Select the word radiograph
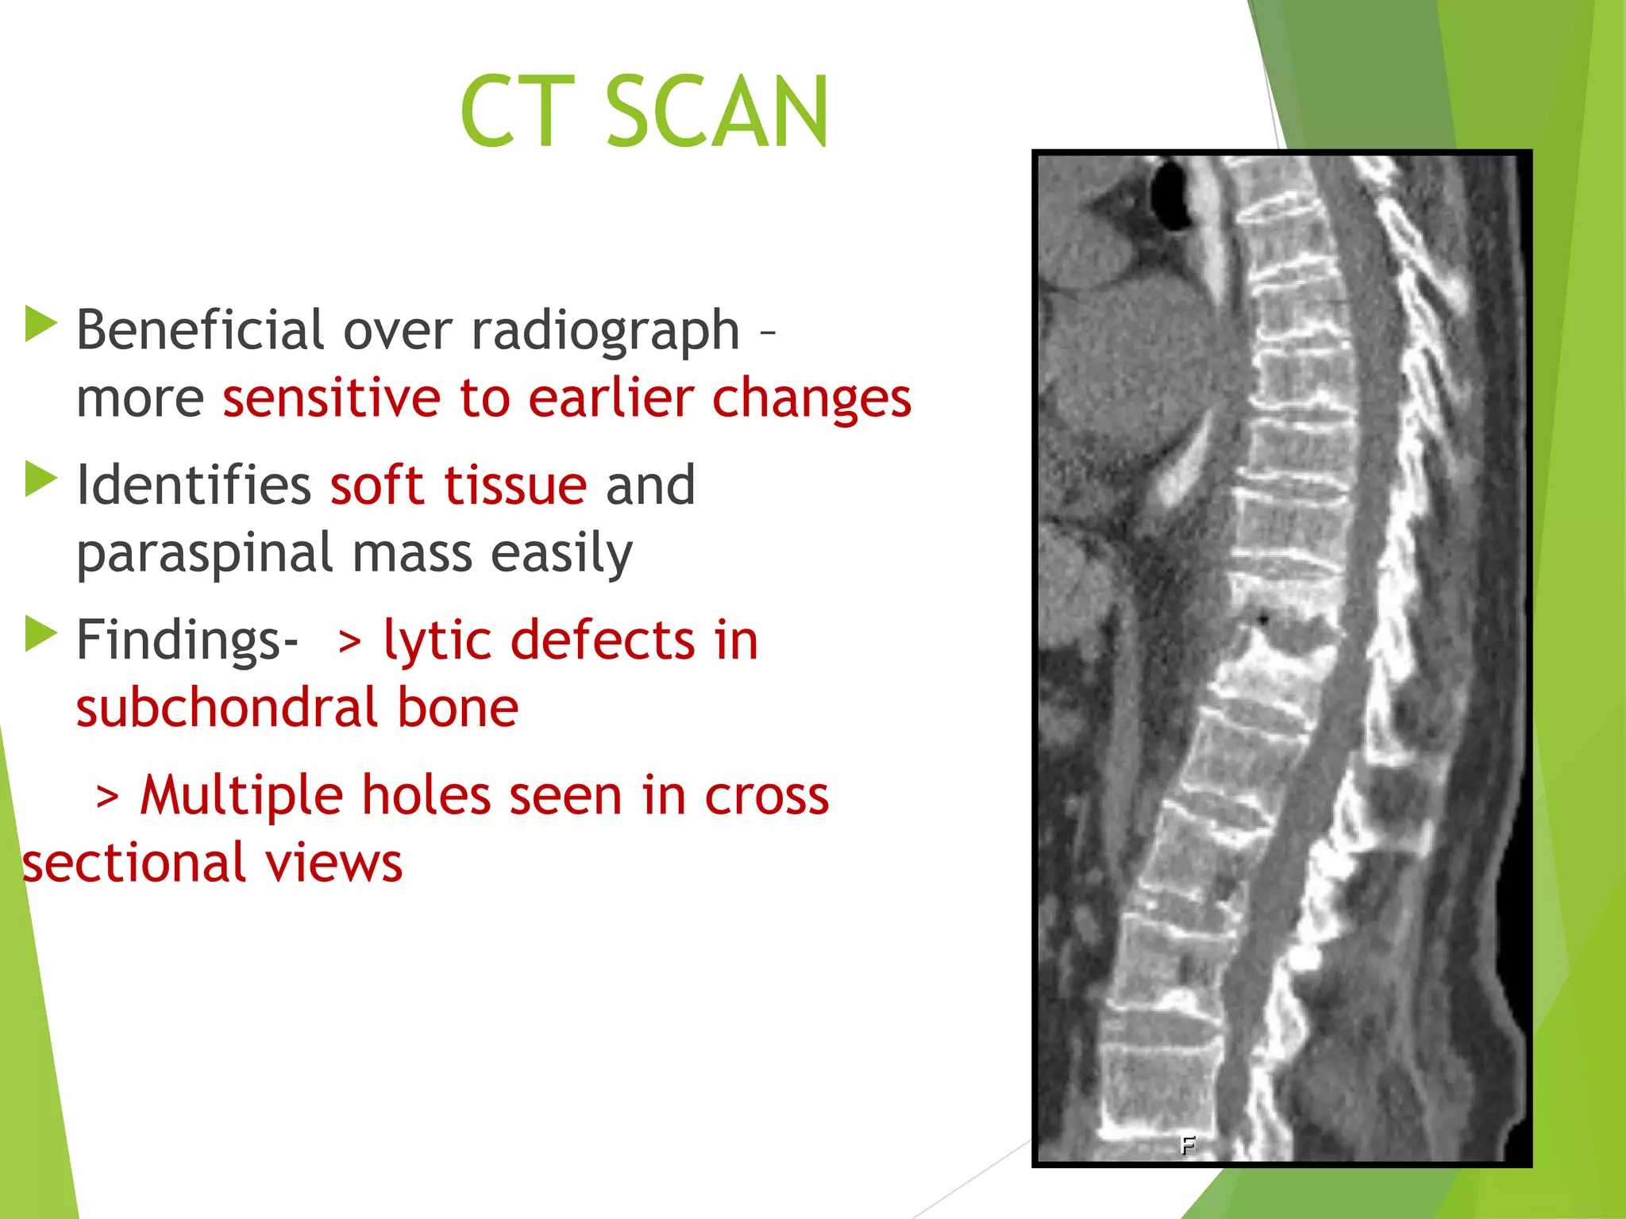pos(605,331)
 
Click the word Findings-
pos(187,640)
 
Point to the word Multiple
pos(241,795)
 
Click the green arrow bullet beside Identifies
pos(41,479)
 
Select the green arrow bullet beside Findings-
pos(41,634)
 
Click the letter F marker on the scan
pos(1188,1144)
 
